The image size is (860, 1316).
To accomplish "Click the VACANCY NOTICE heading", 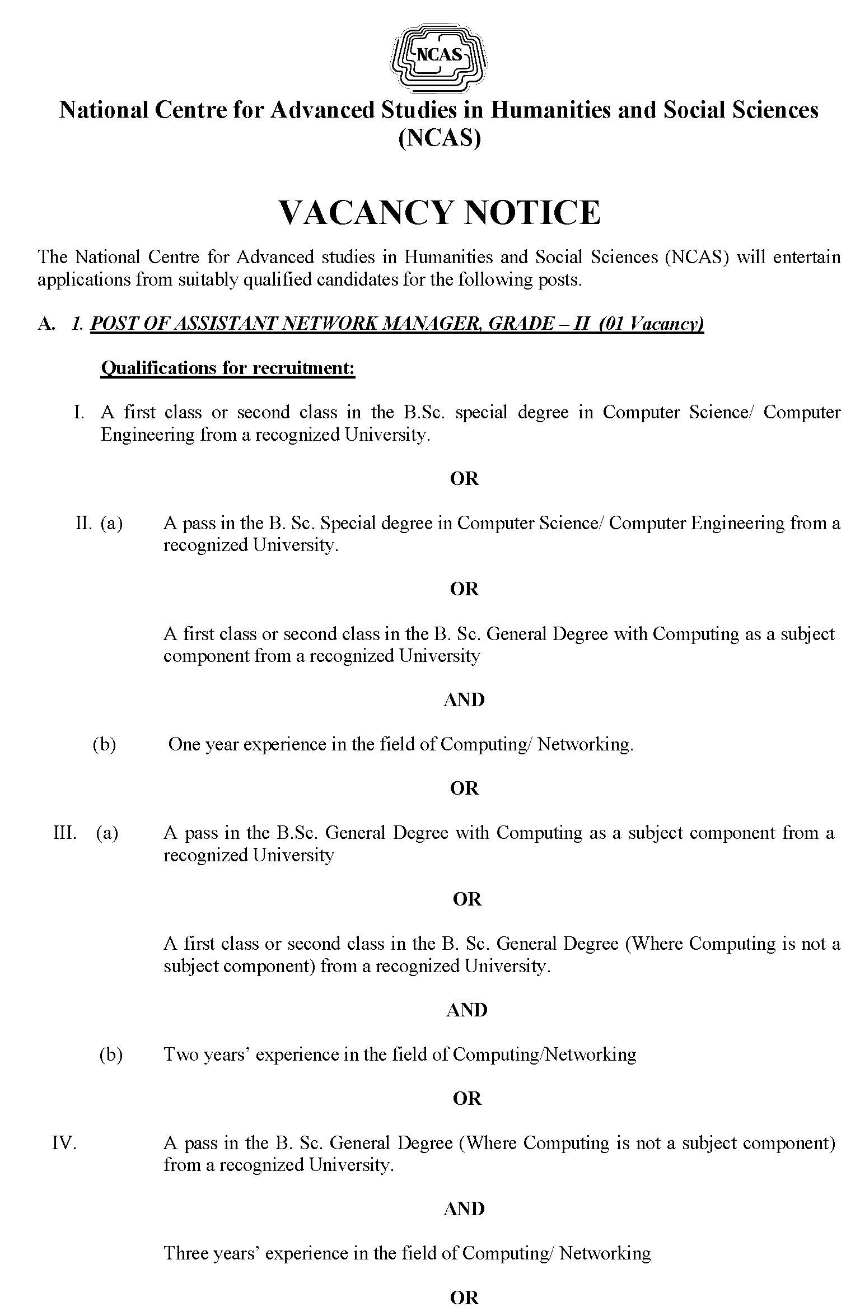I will (x=440, y=212).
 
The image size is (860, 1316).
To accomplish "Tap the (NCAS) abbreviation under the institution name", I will (x=440, y=138).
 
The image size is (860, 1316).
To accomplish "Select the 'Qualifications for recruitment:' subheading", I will (x=228, y=368).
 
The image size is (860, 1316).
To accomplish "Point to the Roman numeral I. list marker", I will (x=80, y=413).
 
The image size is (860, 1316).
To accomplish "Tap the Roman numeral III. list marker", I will (x=65, y=833).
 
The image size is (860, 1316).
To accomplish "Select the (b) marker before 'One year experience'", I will (x=104, y=744).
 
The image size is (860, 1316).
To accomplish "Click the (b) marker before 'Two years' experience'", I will (x=111, y=1054).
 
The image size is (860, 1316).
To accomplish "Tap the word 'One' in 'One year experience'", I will (x=185, y=744).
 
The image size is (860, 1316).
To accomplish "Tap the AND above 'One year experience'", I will (x=464, y=700).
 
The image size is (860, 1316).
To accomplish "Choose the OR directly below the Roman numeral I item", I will (x=464, y=479).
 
